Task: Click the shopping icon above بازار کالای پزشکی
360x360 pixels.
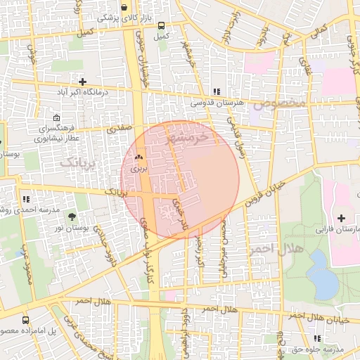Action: [x=124, y=8]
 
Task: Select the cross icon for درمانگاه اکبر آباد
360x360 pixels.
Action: [x=82, y=82]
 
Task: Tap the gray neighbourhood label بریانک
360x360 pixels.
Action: [x=78, y=163]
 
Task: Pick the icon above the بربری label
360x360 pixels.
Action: [x=139, y=157]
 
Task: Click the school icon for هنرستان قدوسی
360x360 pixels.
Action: [x=217, y=91]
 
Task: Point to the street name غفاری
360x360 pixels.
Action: [x=306, y=65]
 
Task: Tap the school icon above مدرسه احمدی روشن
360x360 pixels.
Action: [x=26, y=199]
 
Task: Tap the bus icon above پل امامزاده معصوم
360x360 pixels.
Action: [x=26, y=320]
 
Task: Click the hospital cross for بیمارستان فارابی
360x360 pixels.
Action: [x=341, y=219]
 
